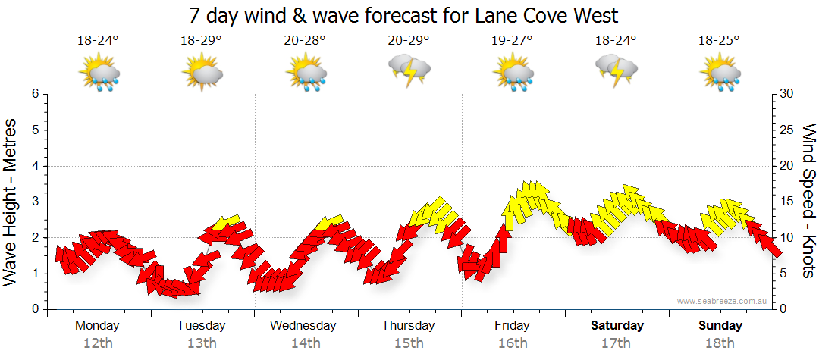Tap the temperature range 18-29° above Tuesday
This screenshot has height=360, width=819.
[x=201, y=41]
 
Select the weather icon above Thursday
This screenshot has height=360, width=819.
[x=409, y=71]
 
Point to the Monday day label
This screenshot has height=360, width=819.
[x=97, y=326]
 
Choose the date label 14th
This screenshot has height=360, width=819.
[x=305, y=343]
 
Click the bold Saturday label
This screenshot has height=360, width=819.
[x=617, y=326]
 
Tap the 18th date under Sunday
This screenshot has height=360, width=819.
[x=720, y=343]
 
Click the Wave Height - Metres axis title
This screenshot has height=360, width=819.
[x=11, y=202]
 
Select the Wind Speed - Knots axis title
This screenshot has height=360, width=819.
[x=808, y=202]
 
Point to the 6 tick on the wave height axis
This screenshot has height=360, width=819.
[x=34, y=94]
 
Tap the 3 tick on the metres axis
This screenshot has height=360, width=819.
[x=34, y=202]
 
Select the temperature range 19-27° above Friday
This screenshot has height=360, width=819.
[x=513, y=41]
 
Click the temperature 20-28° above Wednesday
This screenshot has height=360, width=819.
[x=305, y=41]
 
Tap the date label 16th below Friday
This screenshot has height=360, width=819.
[x=513, y=343]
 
